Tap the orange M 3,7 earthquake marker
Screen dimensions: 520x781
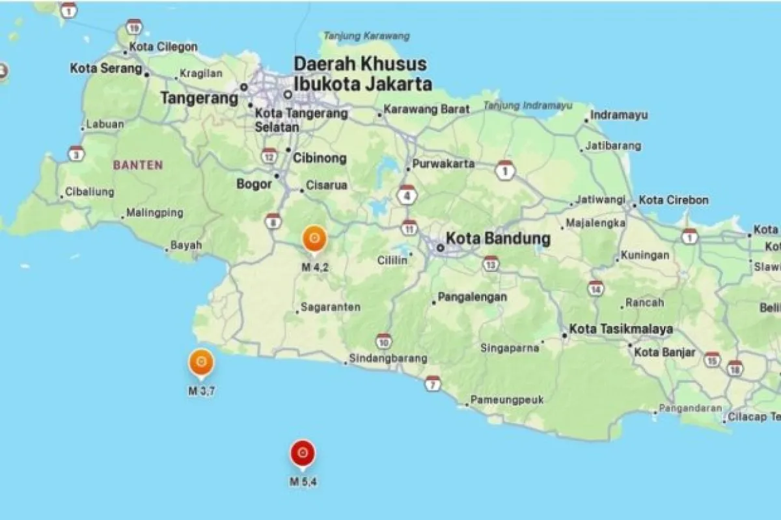point(201,363)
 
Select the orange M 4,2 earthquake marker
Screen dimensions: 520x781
point(314,239)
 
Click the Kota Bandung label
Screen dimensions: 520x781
point(497,239)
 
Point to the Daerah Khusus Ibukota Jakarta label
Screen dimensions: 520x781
point(362,74)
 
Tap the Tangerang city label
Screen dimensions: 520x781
point(199,98)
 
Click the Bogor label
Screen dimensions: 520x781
point(254,184)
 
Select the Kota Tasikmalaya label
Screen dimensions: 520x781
point(621,329)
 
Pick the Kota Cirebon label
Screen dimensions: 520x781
point(674,200)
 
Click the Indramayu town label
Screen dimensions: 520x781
point(619,115)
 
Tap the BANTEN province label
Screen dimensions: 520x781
point(138,165)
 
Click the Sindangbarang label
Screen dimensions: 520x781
point(388,358)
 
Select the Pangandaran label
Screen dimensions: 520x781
point(690,408)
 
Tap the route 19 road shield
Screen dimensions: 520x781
point(134,27)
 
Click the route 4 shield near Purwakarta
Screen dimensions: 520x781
point(407,195)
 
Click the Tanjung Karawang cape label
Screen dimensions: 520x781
point(366,36)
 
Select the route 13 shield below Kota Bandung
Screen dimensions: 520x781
point(491,264)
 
